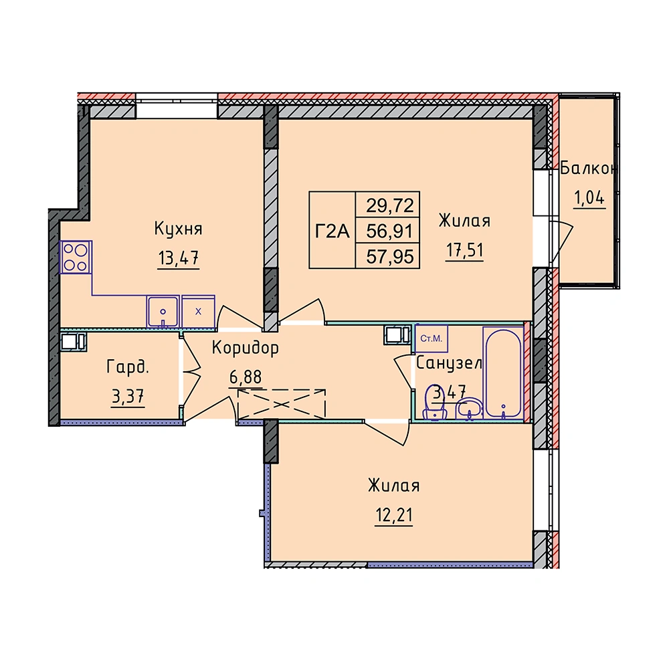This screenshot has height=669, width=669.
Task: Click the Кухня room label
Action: (x=178, y=229)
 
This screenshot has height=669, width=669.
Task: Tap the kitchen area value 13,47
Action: (x=179, y=258)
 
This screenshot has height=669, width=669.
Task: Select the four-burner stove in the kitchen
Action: (x=76, y=257)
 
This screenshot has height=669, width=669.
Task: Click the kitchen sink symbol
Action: (x=163, y=312)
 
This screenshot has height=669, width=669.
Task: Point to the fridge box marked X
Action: (x=198, y=312)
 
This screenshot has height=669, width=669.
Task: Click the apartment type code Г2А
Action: (x=332, y=231)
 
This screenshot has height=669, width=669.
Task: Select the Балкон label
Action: (x=589, y=169)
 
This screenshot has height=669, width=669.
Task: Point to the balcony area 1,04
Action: (x=589, y=198)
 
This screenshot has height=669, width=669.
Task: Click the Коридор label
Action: (x=246, y=348)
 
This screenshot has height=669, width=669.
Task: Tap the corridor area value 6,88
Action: (x=246, y=377)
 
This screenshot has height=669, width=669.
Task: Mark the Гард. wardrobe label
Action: (x=128, y=367)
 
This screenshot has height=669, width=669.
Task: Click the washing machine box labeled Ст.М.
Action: (x=432, y=339)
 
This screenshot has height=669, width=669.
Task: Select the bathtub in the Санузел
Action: (x=504, y=372)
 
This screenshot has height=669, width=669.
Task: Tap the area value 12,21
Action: (x=394, y=515)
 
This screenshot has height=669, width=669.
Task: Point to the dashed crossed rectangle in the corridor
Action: (x=282, y=403)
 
